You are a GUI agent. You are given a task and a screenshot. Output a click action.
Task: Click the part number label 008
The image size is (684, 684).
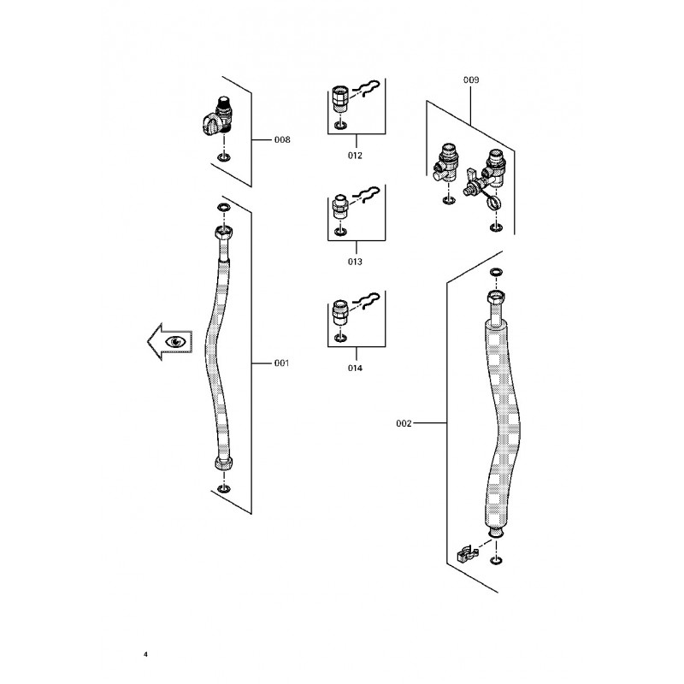282,139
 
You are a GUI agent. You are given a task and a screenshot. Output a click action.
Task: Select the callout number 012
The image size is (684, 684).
355,156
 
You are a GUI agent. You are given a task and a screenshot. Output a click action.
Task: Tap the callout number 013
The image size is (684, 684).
355,262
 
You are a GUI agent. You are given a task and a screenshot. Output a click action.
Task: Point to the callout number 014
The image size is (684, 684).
355,369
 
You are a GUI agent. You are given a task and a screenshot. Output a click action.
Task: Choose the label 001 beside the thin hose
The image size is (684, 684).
282,363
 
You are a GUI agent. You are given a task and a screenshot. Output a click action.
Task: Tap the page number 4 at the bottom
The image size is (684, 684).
146,655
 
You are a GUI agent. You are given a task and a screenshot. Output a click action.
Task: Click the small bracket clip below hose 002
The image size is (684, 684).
468,552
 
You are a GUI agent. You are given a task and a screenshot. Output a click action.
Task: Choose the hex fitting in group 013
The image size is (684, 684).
339,206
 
